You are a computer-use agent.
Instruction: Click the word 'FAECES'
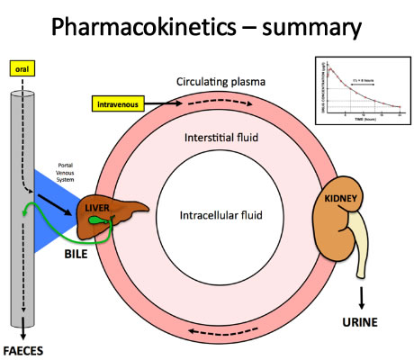(x=24, y=349)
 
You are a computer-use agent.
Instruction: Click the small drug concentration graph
(x=360, y=90)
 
